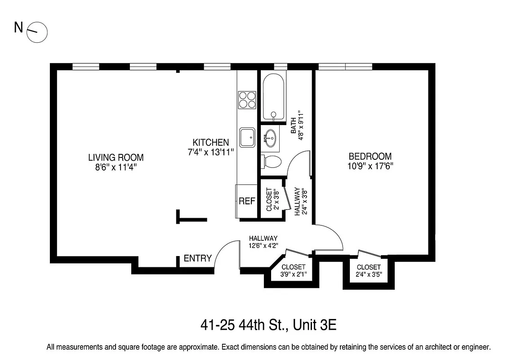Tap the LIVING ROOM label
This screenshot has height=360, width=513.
click(116, 157)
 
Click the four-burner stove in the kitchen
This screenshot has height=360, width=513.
click(247, 100)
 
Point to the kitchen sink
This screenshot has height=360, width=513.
click(247, 137)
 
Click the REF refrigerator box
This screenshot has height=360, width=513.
click(247, 201)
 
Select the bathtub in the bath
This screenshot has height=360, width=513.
click(273, 98)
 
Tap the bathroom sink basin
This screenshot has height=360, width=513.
click(270, 138)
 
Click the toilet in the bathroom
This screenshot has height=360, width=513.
click(272, 161)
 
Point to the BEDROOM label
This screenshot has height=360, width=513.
click(370, 156)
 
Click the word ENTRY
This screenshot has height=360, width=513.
click(197, 258)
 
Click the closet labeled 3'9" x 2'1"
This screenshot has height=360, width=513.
click(293, 270)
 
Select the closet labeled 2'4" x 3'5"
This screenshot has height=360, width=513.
click(369, 270)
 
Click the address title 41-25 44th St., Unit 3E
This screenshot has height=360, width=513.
click(268, 325)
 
